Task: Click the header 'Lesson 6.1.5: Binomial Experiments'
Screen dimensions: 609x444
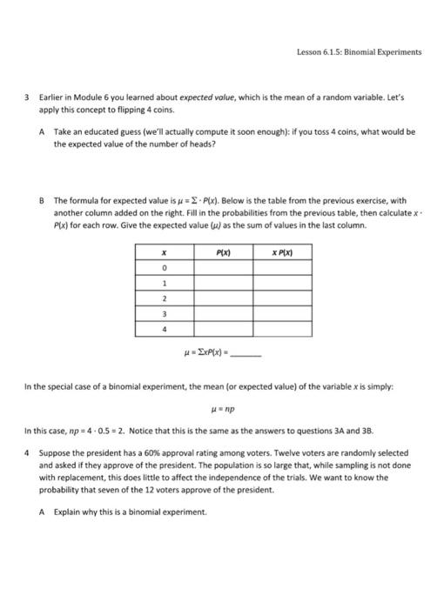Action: [x=358, y=51]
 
